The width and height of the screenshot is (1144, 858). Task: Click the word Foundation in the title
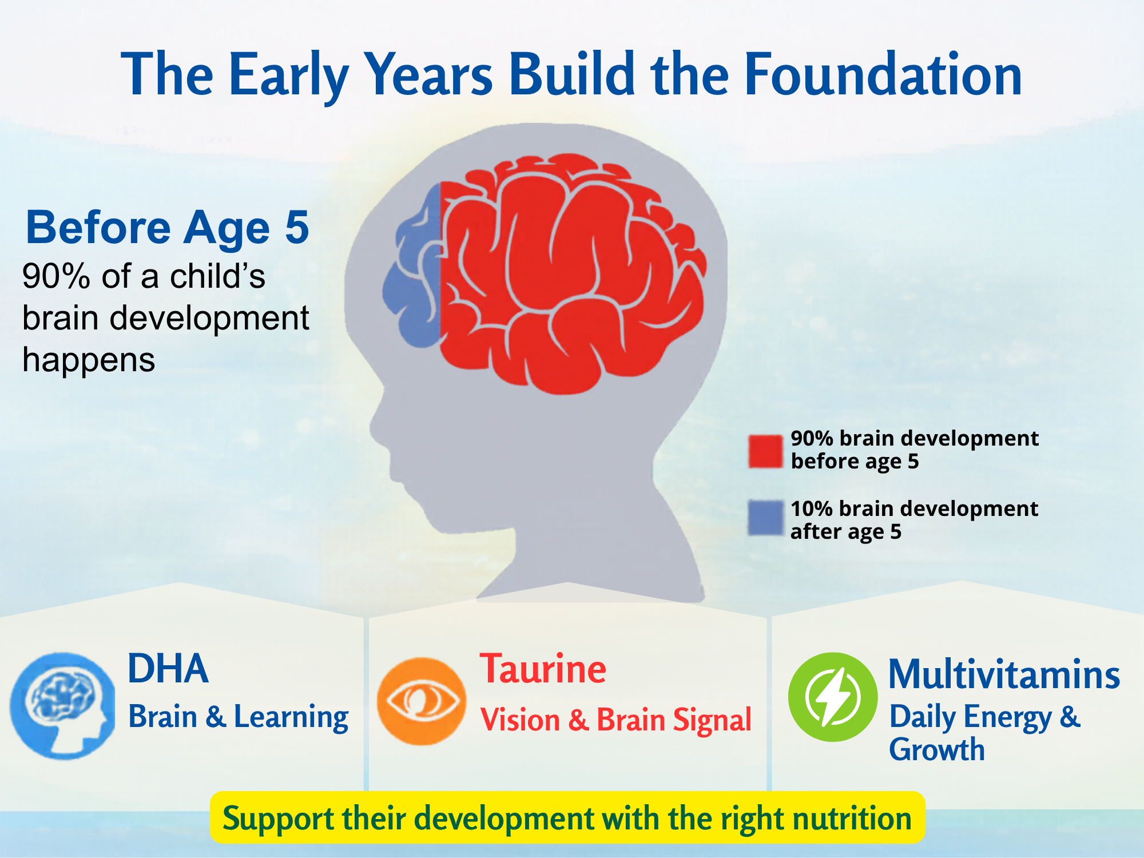point(883,74)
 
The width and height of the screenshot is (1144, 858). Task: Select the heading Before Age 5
point(168,227)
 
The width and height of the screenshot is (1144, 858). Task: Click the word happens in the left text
point(89,360)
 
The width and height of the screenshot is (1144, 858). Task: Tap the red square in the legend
point(765,451)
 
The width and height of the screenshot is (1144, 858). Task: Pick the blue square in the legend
point(765,517)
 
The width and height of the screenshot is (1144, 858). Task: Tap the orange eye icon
point(422,701)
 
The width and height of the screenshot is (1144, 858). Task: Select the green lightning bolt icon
point(833,697)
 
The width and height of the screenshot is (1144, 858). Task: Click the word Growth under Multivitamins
point(937,749)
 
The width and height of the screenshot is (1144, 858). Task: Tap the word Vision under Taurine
point(520,720)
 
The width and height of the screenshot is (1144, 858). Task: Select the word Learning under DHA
point(291,718)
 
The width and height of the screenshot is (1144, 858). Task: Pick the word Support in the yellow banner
point(278,820)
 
